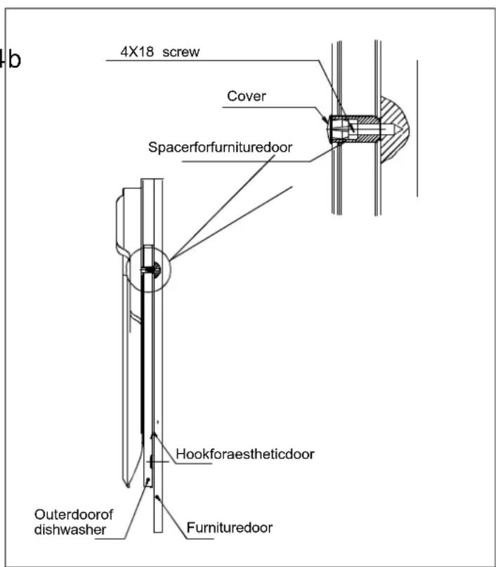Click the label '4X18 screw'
pyautogui.click(x=159, y=52)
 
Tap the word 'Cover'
pyautogui.click(x=247, y=96)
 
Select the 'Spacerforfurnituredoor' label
pyautogui.click(x=220, y=147)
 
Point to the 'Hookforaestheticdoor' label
pyautogui.click(x=245, y=454)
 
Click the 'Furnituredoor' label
pyautogui.click(x=230, y=528)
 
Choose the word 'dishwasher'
pyautogui.click(x=70, y=530)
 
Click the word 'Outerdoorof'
pyautogui.click(x=74, y=514)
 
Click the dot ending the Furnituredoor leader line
pyautogui.click(x=157, y=497)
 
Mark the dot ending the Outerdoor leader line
pyautogui.click(x=148, y=480)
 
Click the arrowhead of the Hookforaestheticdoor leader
pyautogui.click(x=154, y=435)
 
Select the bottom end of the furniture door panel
pyautogui.click(x=158, y=532)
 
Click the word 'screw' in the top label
pyautogui.click(x=181, y=52)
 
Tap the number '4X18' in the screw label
pyautogui.click(x=137, y=52)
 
